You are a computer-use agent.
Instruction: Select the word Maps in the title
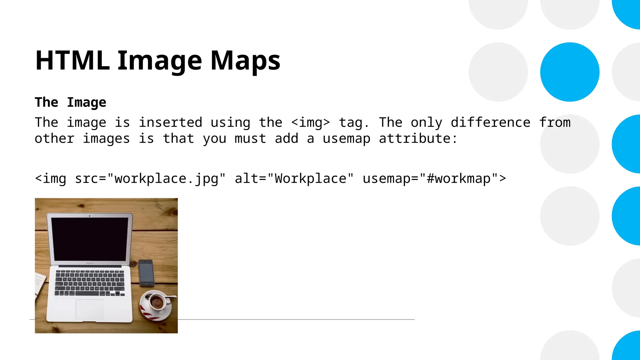245,61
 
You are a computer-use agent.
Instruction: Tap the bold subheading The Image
71,102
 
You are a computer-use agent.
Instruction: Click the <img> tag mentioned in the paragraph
310,122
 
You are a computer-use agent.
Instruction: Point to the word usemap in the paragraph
347,139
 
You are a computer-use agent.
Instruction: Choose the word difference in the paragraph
490,122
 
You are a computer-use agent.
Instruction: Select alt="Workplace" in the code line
294,179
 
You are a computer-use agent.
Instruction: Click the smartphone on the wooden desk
146,273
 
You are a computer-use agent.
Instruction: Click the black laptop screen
90,239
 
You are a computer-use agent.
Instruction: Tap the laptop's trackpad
89,309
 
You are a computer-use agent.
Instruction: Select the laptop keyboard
90,283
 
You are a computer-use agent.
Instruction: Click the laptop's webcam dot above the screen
90,216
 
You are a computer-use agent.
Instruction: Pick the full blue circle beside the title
570,72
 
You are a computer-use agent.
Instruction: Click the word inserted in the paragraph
171,122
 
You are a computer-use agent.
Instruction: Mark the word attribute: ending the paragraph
418,139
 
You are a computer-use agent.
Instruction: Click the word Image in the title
160,61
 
